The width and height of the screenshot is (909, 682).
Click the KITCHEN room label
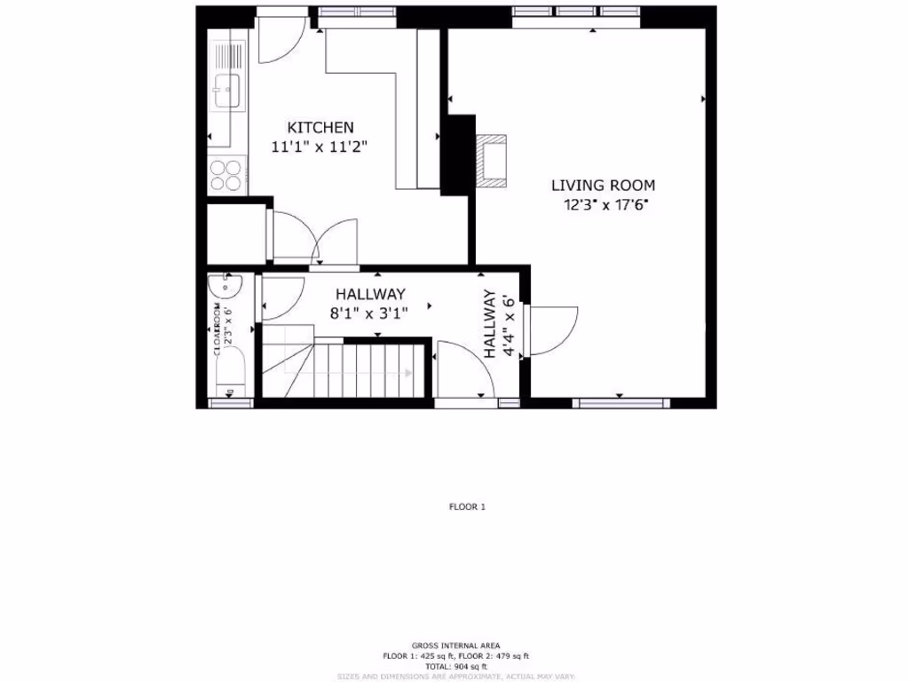click(320, 128)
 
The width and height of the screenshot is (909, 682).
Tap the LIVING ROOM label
click(603, 186)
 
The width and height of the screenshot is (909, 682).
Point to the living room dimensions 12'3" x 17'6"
click(603, 205)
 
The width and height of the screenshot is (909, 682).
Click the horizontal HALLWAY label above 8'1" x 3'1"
click(370, 294)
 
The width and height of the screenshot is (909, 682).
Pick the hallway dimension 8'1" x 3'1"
click(370, 313)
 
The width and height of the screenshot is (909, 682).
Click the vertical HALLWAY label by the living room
click(488, 325)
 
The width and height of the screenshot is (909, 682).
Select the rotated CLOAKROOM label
click(217, 329)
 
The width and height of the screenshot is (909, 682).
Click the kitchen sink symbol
click(227, 91)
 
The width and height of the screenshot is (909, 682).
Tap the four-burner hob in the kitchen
click(226, 173)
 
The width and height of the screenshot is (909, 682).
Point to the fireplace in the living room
click(491, 161)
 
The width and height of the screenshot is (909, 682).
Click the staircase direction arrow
click(407, 373)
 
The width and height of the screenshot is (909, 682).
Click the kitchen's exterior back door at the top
click(281, 37)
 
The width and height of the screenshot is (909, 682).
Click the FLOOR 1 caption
click(467, 507)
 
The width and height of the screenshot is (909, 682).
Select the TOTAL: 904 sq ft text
click(454, 666)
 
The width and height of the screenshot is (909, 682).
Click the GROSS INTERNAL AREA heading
click(454, 646)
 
